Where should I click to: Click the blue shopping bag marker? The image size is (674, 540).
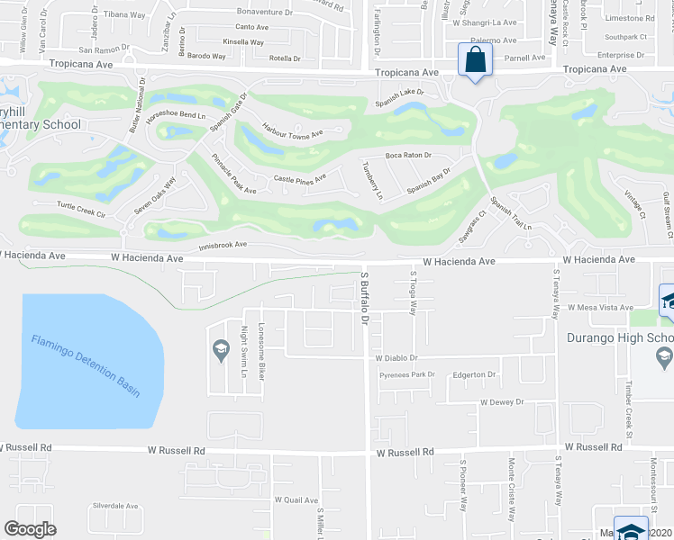pyautogui.click(x=475, y=60)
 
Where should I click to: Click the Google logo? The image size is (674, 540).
pyautogui.click(x=30, y=529)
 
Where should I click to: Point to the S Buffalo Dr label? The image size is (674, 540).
pyautogui.click(x=365, y=298)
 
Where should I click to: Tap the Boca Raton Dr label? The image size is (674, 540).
pyautogui.click(x=408, y=156)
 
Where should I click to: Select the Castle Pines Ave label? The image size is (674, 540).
pyautogui.click(x=300, y=179)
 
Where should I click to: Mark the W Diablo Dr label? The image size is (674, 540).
pyautogui.click(x=399, y=358)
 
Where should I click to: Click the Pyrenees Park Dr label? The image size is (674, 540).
pyautogui.click(x=406, y=373)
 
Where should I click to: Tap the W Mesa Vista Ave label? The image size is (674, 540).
pyautogui.click(x=601, y=308)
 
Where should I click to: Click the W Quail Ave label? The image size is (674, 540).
pyautogui.click(x=296, y=499)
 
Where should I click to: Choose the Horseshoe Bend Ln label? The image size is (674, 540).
pyautogui.click(x=181, y=115)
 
